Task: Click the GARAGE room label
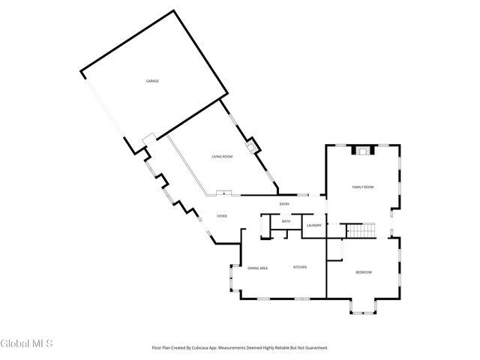pyautogui.click(x=152, y=81)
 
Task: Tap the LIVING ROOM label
pyautogui.click(x=221, y=156)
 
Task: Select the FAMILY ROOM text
pyautogui.click(x=363, y=187)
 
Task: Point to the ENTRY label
pyautogui.click(x=284, y=205)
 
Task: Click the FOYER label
pyautogui.click(x=222, y=216)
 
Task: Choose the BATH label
pyautogui.click(x=286, y=221)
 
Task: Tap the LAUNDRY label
pyautogui.click(x=314, y=225)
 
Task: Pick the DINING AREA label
pyautogui.click(x=258, y=268)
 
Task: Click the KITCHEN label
pyautogui.click(x=299, y=267)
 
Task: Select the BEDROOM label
pyautogui.click(x=363, y=271)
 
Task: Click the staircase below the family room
pyautogui.click(x=358, y=229)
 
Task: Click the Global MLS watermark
pyautogui.click(x=27, y=343)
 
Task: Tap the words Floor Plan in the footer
pyautogui.click(x=162, y=347)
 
